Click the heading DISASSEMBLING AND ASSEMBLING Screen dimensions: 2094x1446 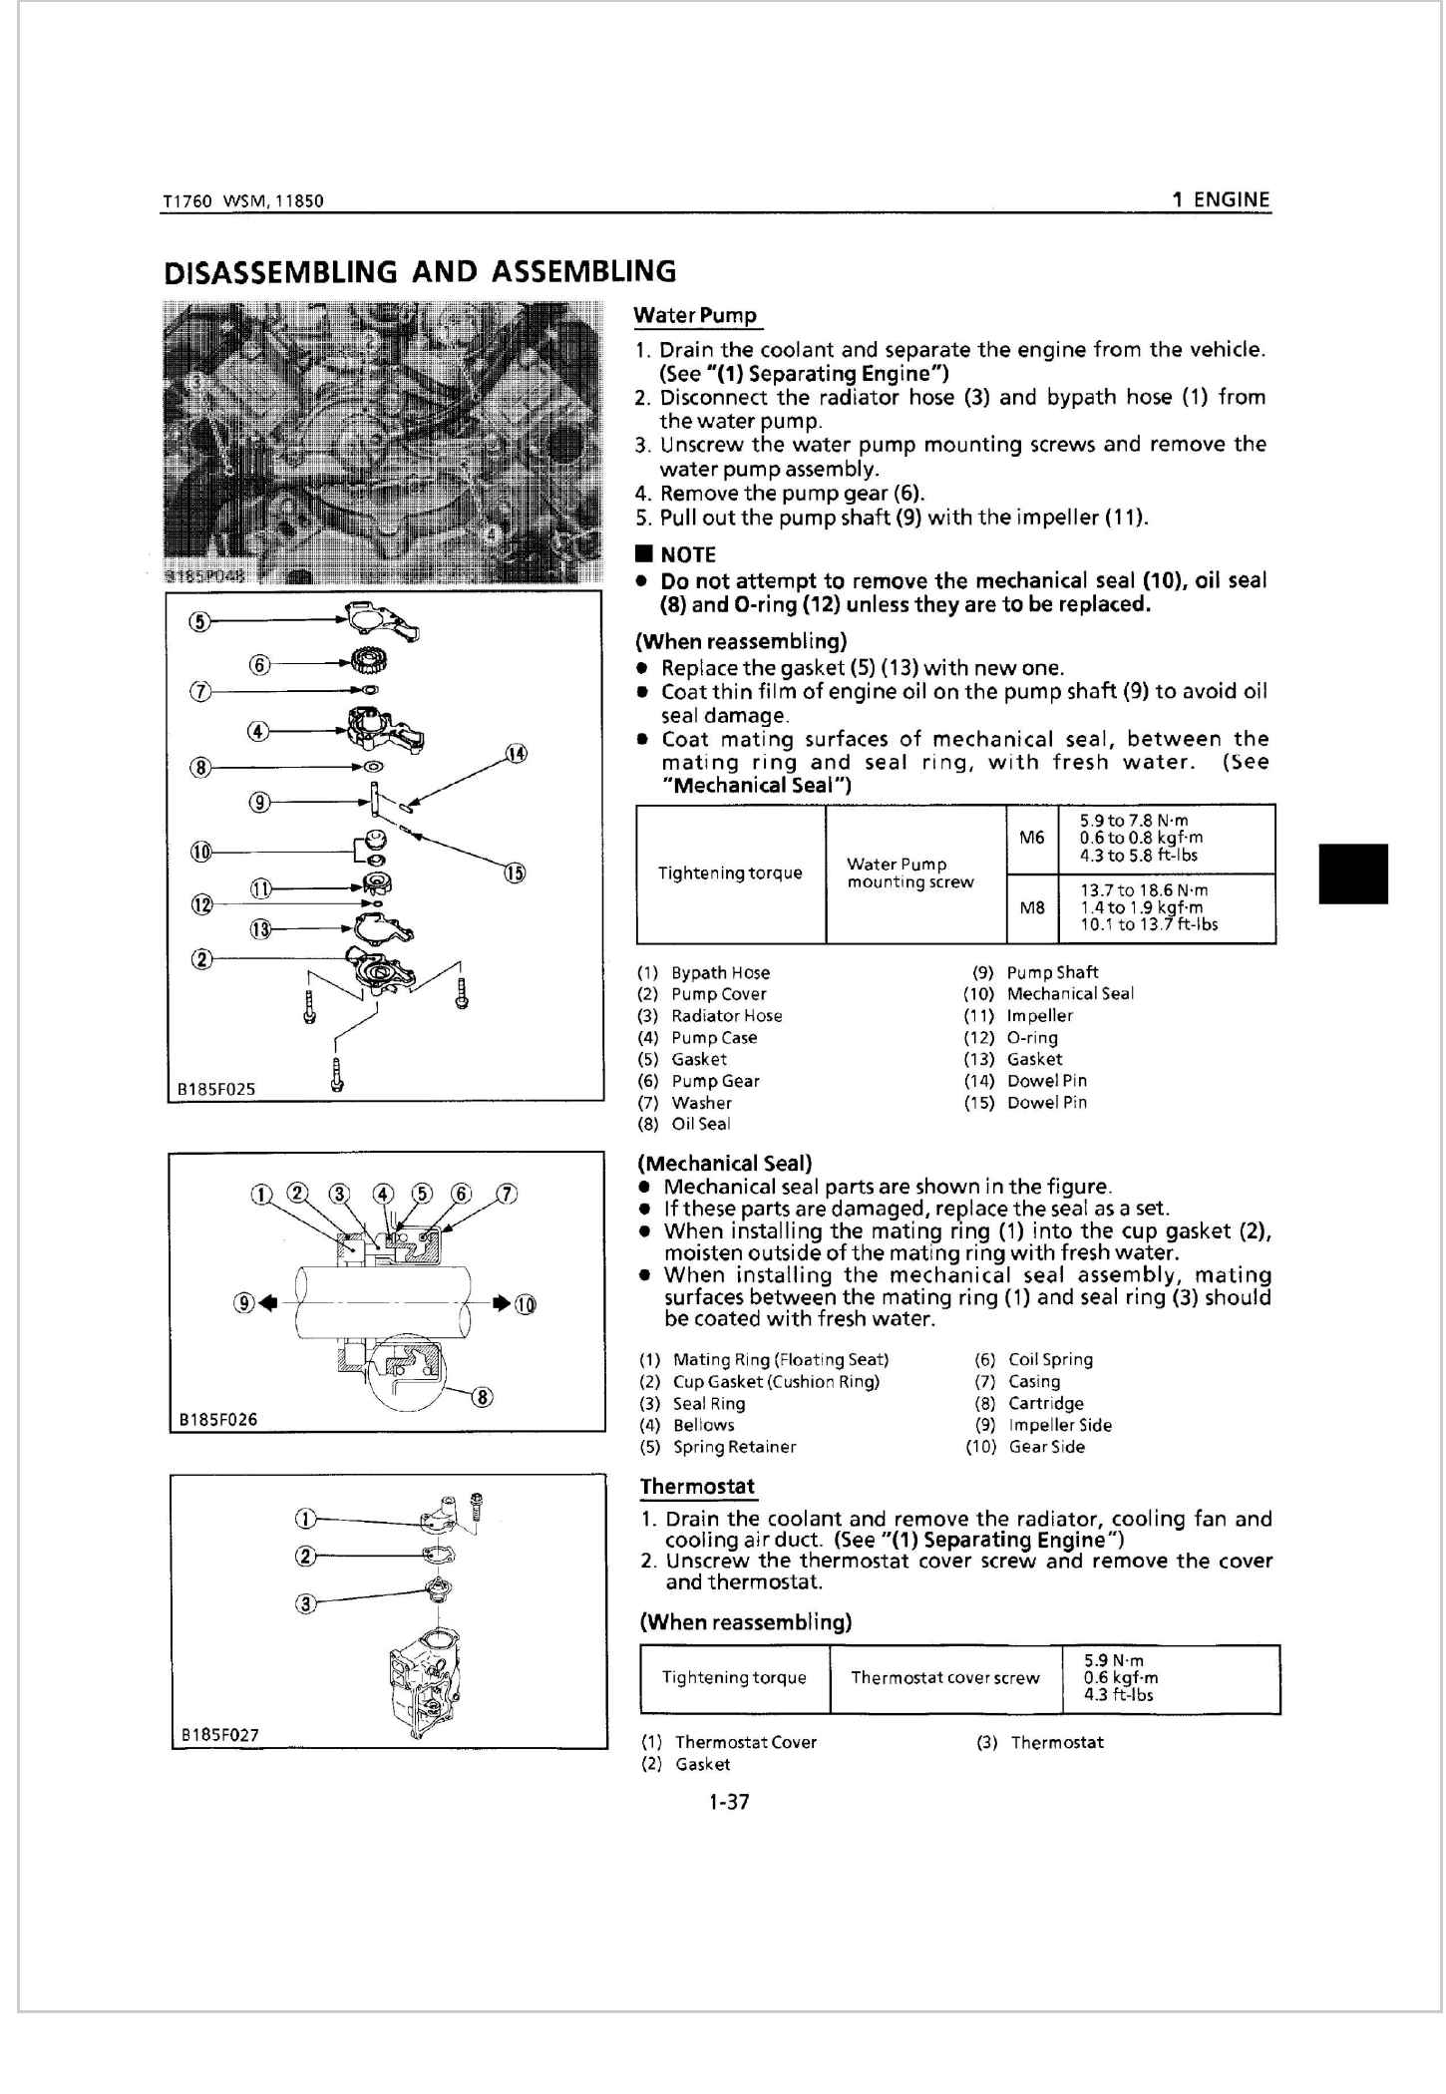pyautogui.click(x=419, y=272)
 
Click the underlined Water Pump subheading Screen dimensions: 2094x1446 pyautogui.click(x=695, y=316)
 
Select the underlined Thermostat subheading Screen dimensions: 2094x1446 pyautogui.click(x=697, y=1487)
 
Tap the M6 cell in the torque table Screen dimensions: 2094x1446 pyautogui.click(x=1032, y=838)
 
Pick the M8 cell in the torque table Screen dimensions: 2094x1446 pyautogui.click(x=1032, y=908)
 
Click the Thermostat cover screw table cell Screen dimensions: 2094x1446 pyautogui.click(x=944, y=1678)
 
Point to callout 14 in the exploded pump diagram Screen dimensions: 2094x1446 pyautogui.click(x=516, y=754)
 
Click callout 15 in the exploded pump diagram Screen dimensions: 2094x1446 pyautogui.click(x=514, y=873)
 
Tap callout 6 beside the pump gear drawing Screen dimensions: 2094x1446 pyautogui.click(x=259, y=665)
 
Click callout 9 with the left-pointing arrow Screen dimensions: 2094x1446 pyautogui.click(x=243, y=1302)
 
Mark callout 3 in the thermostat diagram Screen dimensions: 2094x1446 pyautogui.click(x=306, y=1603)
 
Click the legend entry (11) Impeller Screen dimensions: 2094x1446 pyautogui.click(x=1018, y=1016)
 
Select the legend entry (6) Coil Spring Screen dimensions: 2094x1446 pyautogui.click(x=1033, y=1360)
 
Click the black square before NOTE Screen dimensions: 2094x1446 pyautogui.click(x=645, y=554)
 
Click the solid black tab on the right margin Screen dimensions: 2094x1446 pyautogui.click(x=1352, y=873)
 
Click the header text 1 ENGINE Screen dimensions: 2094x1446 pyautogui.click(x=1221, y=199)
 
